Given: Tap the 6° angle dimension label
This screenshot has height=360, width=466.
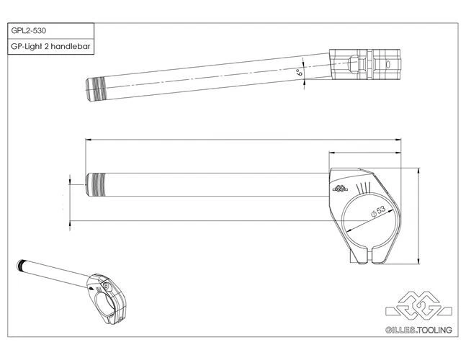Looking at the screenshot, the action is tap(297, 73).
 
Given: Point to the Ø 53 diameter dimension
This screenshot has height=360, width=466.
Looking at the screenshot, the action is tap(377, 211).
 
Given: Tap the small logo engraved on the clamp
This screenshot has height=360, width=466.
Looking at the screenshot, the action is tap(341, 189).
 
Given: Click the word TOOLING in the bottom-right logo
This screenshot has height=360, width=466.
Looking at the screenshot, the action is tap(436, 330).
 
